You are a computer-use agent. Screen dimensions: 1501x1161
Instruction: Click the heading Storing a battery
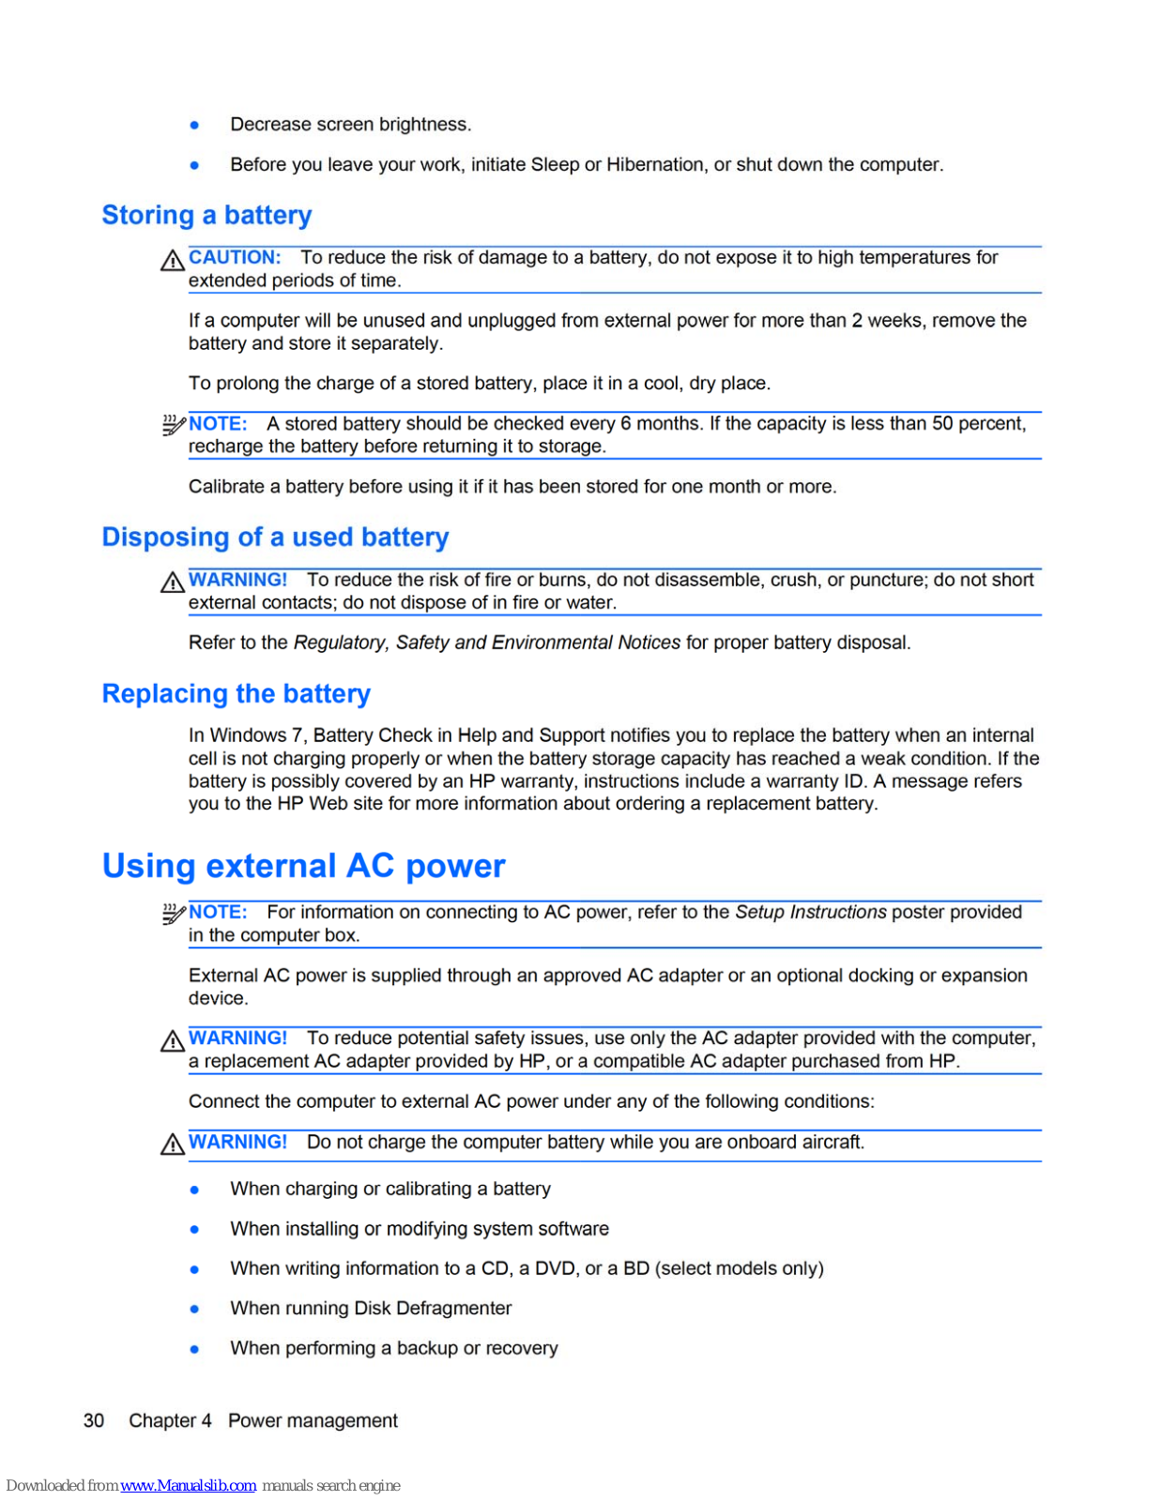click(206, 215)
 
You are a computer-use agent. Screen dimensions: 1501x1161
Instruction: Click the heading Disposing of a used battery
click(275, 537)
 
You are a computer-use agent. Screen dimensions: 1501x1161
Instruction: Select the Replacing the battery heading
click(236, 693)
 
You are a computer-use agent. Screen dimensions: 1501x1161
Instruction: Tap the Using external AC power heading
click(303, 865)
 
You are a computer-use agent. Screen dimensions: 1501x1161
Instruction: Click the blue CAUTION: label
click(235, 257)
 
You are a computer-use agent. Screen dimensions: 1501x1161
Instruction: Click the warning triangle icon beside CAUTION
click(172, 261)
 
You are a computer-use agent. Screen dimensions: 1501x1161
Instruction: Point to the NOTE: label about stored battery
click(218, 423)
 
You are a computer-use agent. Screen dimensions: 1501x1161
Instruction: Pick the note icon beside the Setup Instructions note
click(173, 914)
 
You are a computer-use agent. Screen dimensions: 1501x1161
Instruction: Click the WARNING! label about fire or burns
click(237, 580)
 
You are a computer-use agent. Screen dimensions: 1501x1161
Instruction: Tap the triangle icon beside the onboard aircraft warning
click(172, 1145)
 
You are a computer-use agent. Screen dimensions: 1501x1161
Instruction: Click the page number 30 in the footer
click(94, 1420)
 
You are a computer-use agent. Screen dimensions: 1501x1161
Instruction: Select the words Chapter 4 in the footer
click(170, 1420)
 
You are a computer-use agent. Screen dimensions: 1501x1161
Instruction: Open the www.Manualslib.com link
click(188, 1485)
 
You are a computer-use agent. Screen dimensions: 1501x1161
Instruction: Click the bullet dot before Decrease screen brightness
click(195, 125)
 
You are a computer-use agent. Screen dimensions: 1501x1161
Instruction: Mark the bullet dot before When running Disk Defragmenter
click(195, 1309)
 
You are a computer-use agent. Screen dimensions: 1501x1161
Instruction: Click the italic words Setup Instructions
click(810, 912)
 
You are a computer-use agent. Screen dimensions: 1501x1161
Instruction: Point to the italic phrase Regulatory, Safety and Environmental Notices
click(486, 643)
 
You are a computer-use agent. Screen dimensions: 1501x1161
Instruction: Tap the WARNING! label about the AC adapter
click(237, 1038)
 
